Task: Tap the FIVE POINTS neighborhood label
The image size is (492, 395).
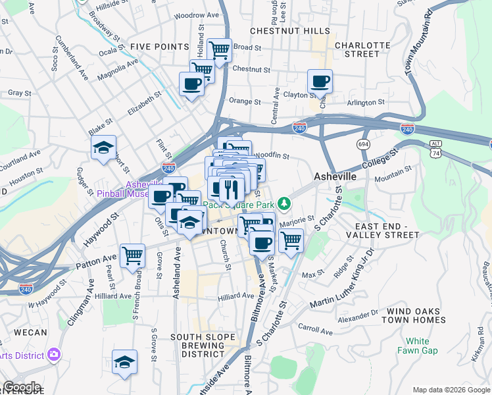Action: pyautogui.click(x=155, y=46)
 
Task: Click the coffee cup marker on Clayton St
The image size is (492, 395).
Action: pyautogui.click(x=320, y=82)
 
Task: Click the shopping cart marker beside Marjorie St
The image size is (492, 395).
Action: pyautogui.click(x=291, y=240)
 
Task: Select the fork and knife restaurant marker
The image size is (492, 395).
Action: pyautogui.click(x=230, y=189)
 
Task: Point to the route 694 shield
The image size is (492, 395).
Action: pyautogui.click(x=363, y=144)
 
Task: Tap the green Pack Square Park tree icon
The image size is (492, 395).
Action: pyautogui.click(x=284, y=203)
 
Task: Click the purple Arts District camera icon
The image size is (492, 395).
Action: pyautogui.click(x=53, y=355)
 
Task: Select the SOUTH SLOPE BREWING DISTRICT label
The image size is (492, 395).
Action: pyautogui.click(x=203, y=346)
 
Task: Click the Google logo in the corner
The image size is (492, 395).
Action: pyautogui.click(x=22, y=387)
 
